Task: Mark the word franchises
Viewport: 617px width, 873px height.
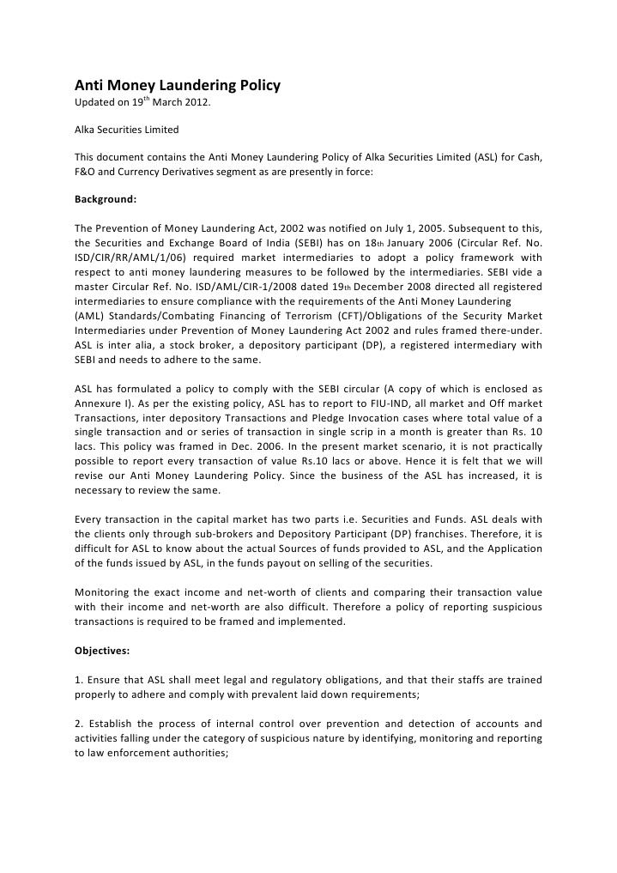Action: click(404, 532)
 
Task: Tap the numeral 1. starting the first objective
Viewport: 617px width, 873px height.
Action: click(79, 680)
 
